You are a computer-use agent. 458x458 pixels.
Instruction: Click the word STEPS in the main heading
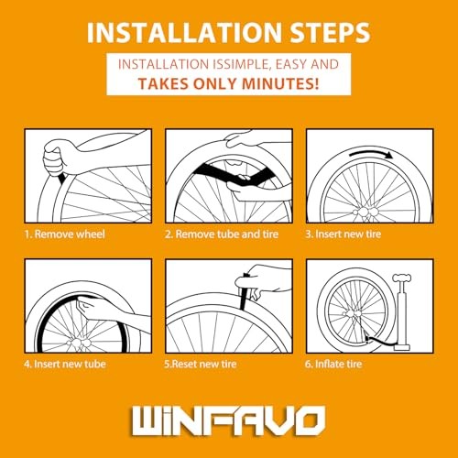(x=330, y=32)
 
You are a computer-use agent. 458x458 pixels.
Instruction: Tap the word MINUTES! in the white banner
(x=280, y=83)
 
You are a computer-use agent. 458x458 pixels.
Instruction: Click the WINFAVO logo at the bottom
(x=228, y=420)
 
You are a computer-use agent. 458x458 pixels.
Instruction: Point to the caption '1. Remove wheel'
(x=65, y=234)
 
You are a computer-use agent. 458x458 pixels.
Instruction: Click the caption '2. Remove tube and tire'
(x=222, y=234)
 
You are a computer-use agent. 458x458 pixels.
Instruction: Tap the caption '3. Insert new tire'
(x=343, y=234)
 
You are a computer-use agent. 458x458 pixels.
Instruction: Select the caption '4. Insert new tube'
(x=65, y=364)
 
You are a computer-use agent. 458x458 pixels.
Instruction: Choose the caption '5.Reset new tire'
(x=201, y=364)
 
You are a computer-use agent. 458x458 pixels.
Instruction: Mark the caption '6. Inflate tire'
(x=333, y=364)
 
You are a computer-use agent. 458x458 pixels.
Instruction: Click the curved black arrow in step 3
(x=372, y=154)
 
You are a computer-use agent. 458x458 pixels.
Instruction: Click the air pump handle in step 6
(x=402, y=278)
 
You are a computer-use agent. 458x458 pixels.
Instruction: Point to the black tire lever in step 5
(x=244, y=292)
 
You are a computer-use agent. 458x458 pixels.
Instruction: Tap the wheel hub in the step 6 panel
(x=351, y=313)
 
